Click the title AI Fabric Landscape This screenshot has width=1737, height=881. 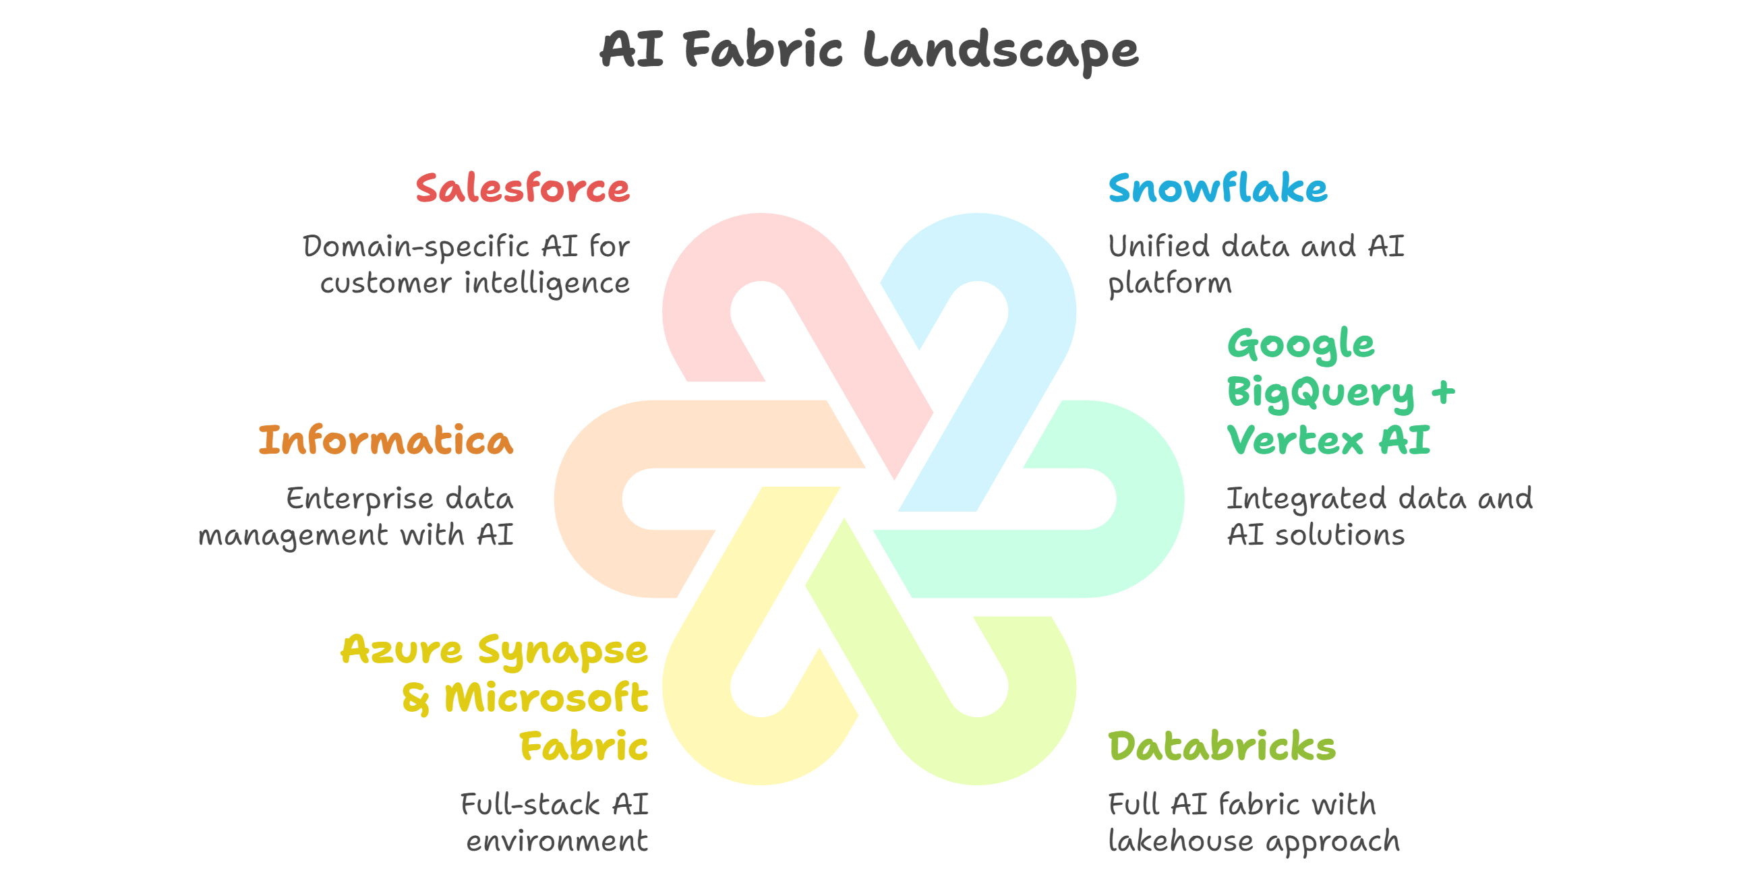pos(868,51)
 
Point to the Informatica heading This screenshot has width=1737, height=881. pos(386,440)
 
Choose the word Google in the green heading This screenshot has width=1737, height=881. pos(1301,345)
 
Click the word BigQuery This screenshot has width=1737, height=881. pos(1320,393)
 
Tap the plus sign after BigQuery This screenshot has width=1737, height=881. pos(1444,392)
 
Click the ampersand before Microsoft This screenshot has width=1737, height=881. pos(415,698)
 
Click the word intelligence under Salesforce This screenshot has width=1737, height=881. pos(547,283)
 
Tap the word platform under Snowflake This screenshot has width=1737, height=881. pos(1170,284)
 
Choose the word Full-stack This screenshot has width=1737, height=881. pos(530,804)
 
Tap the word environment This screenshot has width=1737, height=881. pos(557,841)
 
